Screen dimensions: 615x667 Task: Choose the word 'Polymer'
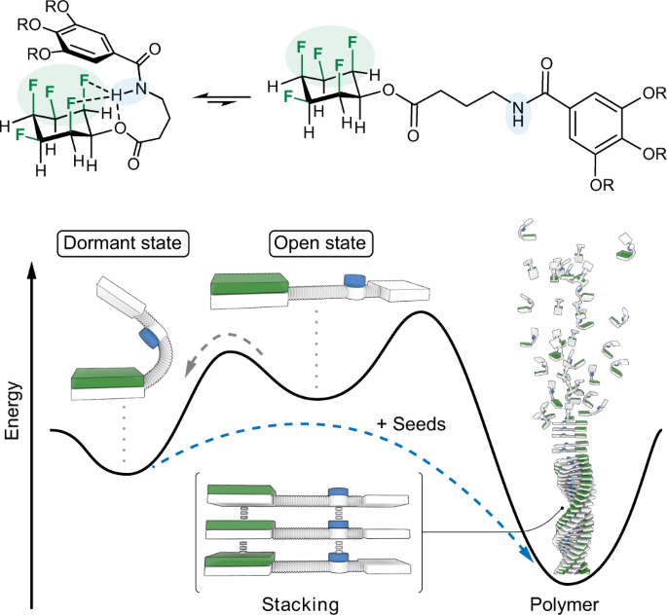coord(571,603)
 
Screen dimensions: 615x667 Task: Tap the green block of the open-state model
coord(249,282)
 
